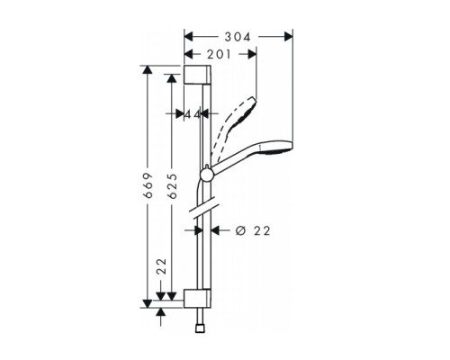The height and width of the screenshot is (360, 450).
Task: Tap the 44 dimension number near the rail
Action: pyautogui.click(x=191, y=114)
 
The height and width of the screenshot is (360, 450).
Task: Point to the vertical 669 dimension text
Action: pyautogui.click(x=148, y=186)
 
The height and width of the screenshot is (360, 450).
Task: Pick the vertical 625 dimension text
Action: pyautogui.click(x=172, y=186)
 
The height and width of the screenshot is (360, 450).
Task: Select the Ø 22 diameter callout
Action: pyautogui.click(x=253, y=230)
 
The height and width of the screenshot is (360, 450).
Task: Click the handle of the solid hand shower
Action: pyautogui.click(x=236, y=163)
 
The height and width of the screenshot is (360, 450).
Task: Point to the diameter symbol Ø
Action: pyautogui.click(x=238, y=230)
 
